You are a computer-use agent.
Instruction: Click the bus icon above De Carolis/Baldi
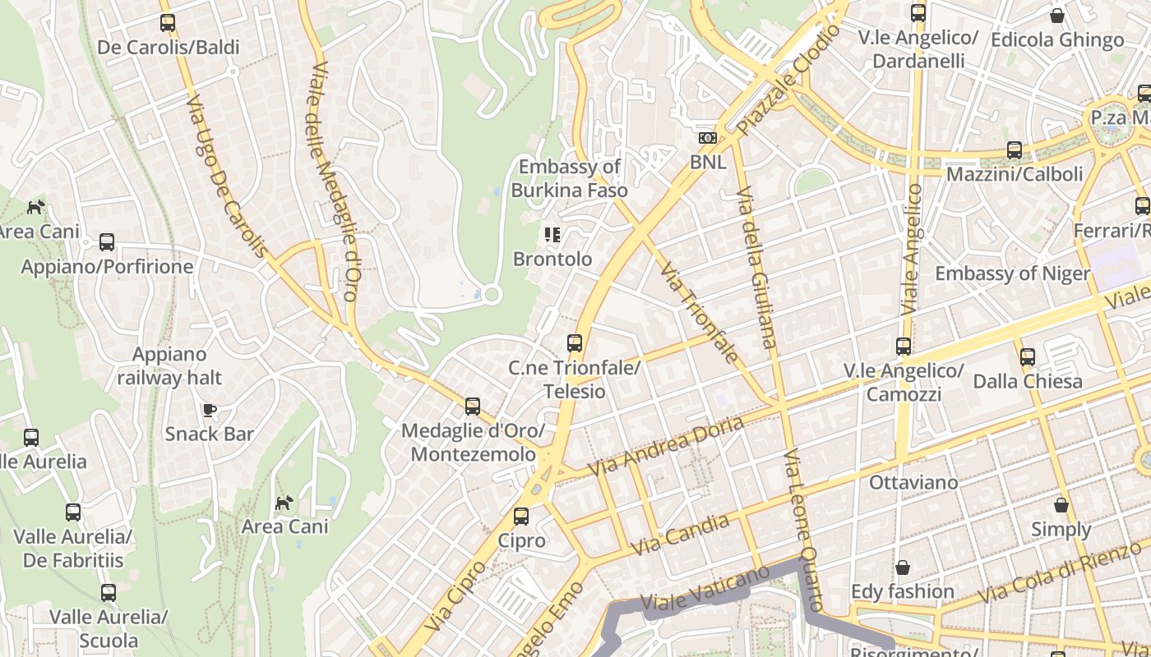pos(168,23)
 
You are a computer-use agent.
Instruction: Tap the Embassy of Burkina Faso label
pos(569,178)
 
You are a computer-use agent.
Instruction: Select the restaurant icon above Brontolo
pos(552,236)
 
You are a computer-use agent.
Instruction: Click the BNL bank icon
pos(707,138)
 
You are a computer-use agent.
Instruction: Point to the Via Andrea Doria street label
pos(667,445)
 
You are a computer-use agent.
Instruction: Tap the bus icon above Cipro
pos(521,517)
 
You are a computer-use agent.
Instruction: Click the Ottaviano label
pos(913,482)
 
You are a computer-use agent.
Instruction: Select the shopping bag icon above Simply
pos(1061,505)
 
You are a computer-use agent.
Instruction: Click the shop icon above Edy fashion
pos(902,567)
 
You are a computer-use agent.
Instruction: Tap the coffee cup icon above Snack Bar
pos(210,410)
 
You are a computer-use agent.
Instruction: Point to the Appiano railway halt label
pos(169,366)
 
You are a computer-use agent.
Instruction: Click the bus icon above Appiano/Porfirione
pos(107,242)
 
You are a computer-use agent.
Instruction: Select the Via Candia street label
pos(680,535)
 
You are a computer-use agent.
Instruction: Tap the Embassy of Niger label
pos(1012,273)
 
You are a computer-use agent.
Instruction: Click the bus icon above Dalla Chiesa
pos(1028,357)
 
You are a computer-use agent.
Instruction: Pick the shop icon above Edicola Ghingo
pos(1057,16)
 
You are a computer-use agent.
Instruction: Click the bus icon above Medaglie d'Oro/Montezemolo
pos(473,407)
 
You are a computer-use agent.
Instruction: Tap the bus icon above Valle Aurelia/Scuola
pos(109,593)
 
